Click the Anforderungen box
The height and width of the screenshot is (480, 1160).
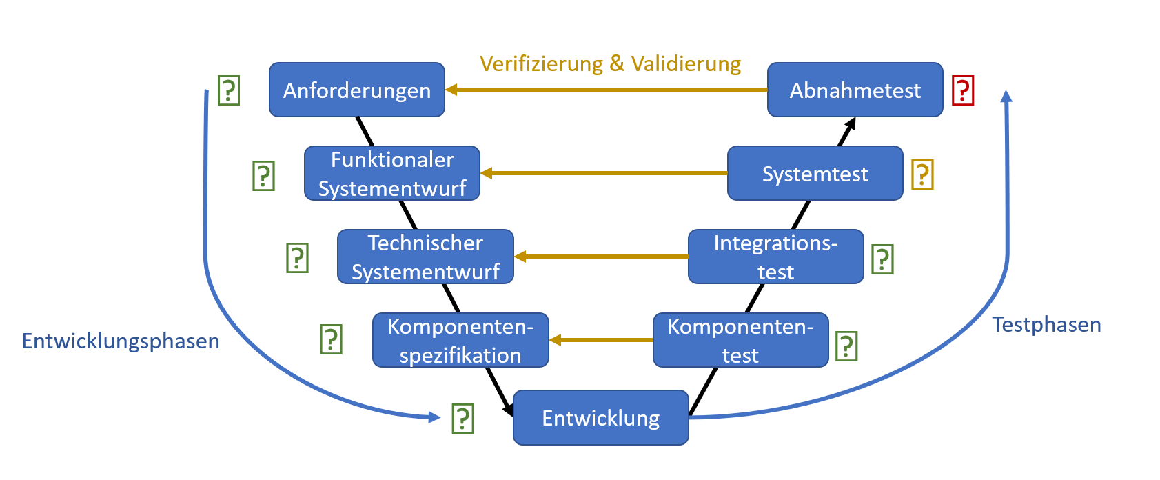point(356,90)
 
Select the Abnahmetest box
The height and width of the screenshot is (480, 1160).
point(855,90)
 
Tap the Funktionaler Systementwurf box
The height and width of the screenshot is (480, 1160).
point(392,173)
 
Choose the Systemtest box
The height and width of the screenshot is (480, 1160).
point(815,173)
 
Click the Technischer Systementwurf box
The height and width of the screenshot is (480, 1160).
point(425,257)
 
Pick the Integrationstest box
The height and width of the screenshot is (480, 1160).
point(775,257)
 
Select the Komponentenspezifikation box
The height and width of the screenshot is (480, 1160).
point(460,340)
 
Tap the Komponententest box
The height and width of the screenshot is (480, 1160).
point(740,340)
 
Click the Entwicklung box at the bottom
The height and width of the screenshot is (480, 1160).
point(600,417)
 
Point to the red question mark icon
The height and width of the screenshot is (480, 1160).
point(962,90)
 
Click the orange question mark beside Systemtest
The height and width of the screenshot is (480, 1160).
point(922,174)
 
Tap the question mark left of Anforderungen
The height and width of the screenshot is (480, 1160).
point(228,90)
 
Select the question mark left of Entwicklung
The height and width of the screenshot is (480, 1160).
point(462,419)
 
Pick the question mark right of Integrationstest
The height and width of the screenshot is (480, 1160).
point(882,259)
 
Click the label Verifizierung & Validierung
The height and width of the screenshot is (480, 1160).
point(610,63)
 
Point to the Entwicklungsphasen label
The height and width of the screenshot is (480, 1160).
point(121,341)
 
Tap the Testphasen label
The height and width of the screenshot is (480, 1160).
point(1046,324)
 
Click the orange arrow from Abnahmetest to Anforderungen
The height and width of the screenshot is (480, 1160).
point(607,90)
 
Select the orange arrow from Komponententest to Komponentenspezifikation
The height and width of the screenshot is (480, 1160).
point(601,340)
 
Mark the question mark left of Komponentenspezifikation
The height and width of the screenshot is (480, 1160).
point(331,339)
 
